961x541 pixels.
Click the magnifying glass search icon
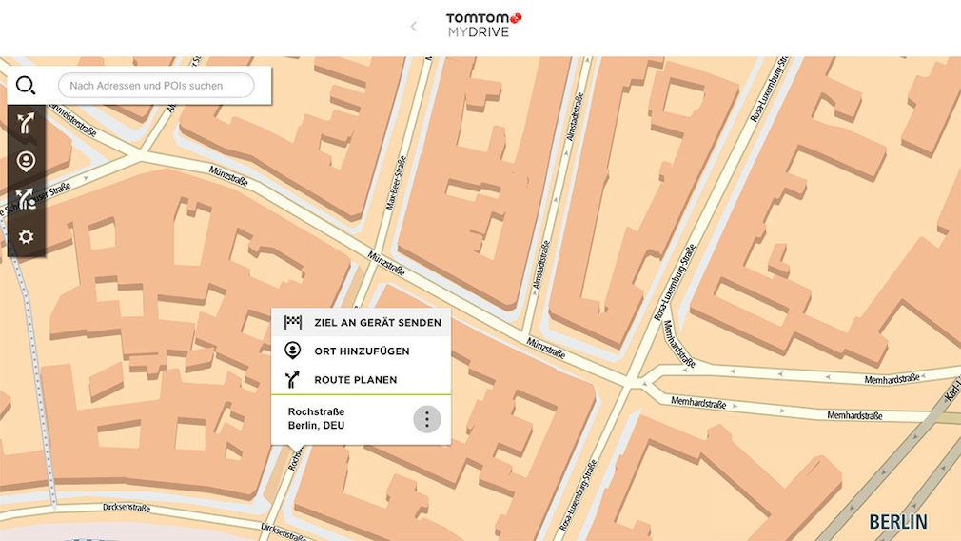coord(26,86)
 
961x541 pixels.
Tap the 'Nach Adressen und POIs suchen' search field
coord(156,86)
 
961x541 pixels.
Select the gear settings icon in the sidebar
coord(26,236)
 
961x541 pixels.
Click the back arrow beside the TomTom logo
coord(413,27)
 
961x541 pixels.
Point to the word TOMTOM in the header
coord(479,17)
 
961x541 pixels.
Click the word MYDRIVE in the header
coord(479,32)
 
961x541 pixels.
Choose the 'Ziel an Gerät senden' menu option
coord(377,323)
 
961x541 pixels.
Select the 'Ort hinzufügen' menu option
coord(362,351)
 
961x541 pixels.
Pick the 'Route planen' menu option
coord(355,380)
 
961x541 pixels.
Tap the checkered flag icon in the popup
coord(293,322)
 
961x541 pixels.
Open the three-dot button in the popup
coord(427,418)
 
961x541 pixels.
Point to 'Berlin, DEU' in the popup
coord(316,426)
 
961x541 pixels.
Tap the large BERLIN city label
coord(897,522)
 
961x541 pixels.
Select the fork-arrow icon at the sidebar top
coord(26,124)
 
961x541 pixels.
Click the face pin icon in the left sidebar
coord(26,161)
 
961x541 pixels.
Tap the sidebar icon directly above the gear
coord(26,199)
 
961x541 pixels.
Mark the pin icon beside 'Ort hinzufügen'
coord(293,351)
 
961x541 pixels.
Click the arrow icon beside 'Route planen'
coord(293,379)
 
